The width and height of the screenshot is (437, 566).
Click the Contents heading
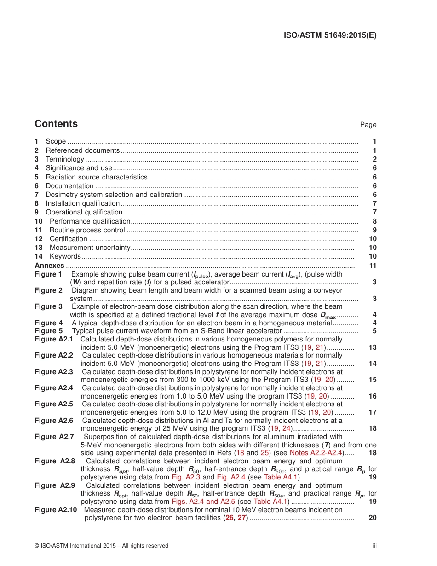tap(56, 124)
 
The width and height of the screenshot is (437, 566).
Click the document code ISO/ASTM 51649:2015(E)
tap(329, 35)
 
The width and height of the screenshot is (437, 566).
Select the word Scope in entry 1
tap(56, 141)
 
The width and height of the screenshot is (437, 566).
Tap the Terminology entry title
tap(65, 159)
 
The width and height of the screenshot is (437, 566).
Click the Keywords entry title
tap(65, 256)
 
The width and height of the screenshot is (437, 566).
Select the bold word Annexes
tap(50, 266)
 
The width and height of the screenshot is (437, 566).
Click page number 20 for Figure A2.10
tap(373, 518)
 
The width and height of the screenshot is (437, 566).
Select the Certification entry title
tap(68, 239)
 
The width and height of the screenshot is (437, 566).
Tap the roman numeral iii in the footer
tap(374, 546)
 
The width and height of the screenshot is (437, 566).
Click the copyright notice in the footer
tap(101, 546)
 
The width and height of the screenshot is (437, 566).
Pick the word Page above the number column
tap(368, 125)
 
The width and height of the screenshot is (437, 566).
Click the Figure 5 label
tap(48, 331)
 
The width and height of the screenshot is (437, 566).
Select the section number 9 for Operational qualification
tap(36, 212)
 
